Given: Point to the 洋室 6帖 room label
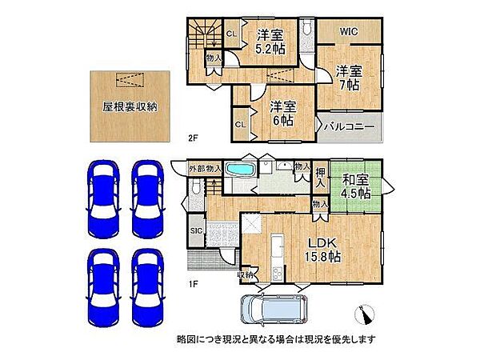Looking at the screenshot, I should pyautogui.click(x=282, y=113).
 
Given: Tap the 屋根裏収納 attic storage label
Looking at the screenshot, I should pyautogui.click(x=129, y=106).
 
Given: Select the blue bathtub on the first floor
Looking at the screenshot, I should pyautogui.click(x=238, y=171).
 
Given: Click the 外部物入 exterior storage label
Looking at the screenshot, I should pyautogui.click(x=205, y=169).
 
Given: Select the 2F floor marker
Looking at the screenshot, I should pyautogui.click(x=193, y=138).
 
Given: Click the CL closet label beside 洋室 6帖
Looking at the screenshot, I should pyautogui.click(x=240, y=124).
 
